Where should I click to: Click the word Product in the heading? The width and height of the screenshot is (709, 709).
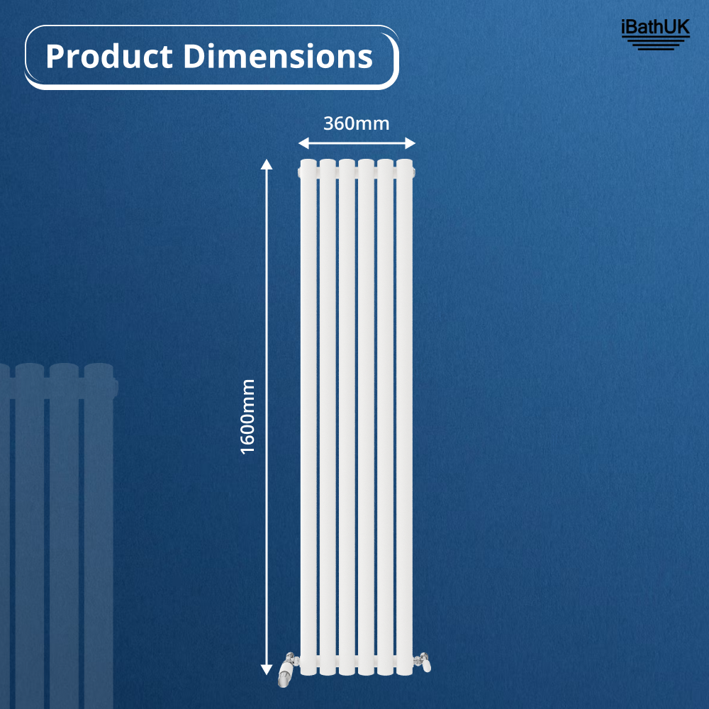tap(110, 57)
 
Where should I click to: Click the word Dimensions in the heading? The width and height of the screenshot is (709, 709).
tap(278, 57)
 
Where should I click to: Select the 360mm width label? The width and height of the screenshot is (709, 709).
tap(357, 123)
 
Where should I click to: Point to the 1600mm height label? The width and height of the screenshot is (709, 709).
tap(247, 416)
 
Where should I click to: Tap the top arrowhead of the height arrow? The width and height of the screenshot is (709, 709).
tap(267, 165)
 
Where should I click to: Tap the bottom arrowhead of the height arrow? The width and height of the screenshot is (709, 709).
tap(267, 669)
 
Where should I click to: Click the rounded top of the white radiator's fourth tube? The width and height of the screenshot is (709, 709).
tap(366, 164)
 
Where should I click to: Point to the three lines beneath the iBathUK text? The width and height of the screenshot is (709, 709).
tap(654, 45)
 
